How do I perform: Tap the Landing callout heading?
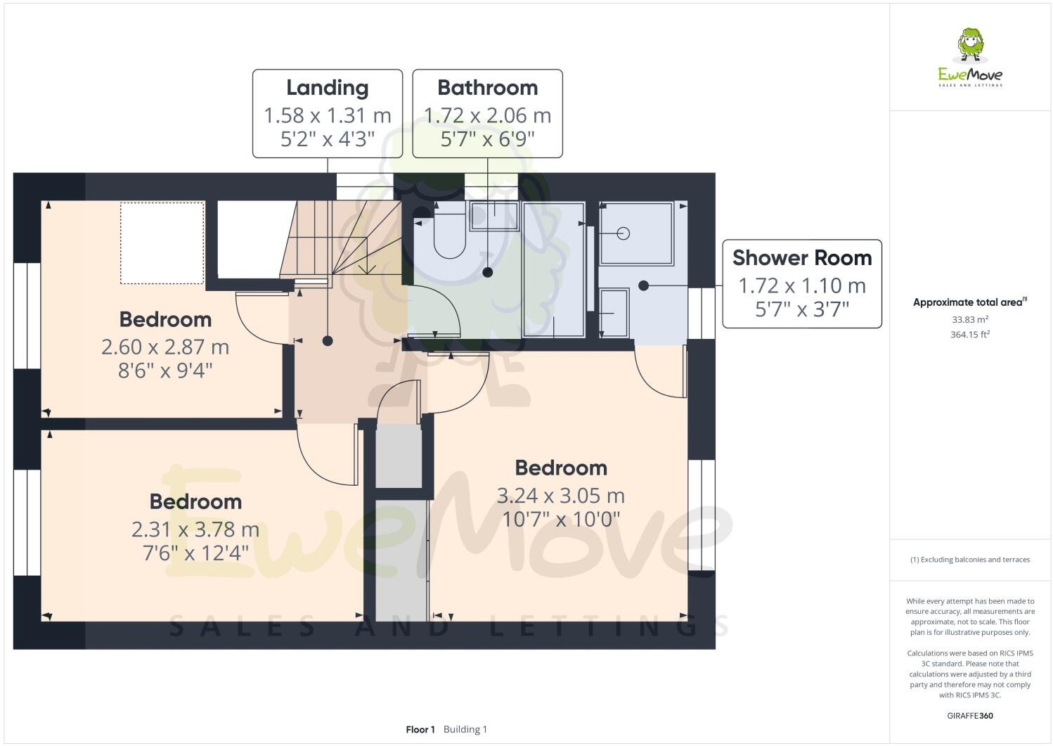click(x=327, y=88)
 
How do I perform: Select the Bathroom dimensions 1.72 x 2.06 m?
click(x=487, y=115)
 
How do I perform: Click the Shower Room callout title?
click(x=802, y=258)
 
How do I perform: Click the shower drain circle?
click(x=623, y=233)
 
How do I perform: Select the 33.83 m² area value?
click(x=970, y=319)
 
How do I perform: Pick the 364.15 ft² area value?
click(x=970, y=335)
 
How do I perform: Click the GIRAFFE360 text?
click(x=970, y=716)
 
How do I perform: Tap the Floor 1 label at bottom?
click(x=420, y=729)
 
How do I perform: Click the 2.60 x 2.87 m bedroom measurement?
click(x=165, y=347)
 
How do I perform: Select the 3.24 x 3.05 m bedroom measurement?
click(x=560, y=496)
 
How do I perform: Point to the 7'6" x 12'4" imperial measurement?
click(x=195, y=553)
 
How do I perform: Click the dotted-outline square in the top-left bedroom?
click(x=162, y=243)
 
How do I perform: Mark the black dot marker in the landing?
click(x=328, y=341)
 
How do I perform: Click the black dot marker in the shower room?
click(x=643, y=285)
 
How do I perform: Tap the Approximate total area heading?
click(x=969, y=302)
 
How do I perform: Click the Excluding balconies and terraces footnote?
click(x=970, y=560)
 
